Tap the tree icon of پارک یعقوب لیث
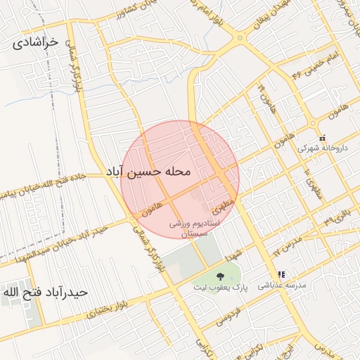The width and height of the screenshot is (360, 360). point(220,276)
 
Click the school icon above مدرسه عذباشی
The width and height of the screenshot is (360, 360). point(281,274)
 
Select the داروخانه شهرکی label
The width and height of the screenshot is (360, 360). point(322,148)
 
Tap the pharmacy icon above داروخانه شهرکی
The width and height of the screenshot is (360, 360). point(323,138)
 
